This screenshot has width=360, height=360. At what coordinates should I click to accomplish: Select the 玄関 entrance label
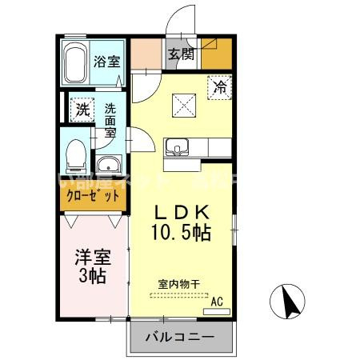[x=181, y=55]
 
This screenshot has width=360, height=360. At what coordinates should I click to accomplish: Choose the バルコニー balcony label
[x=179, y=338]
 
